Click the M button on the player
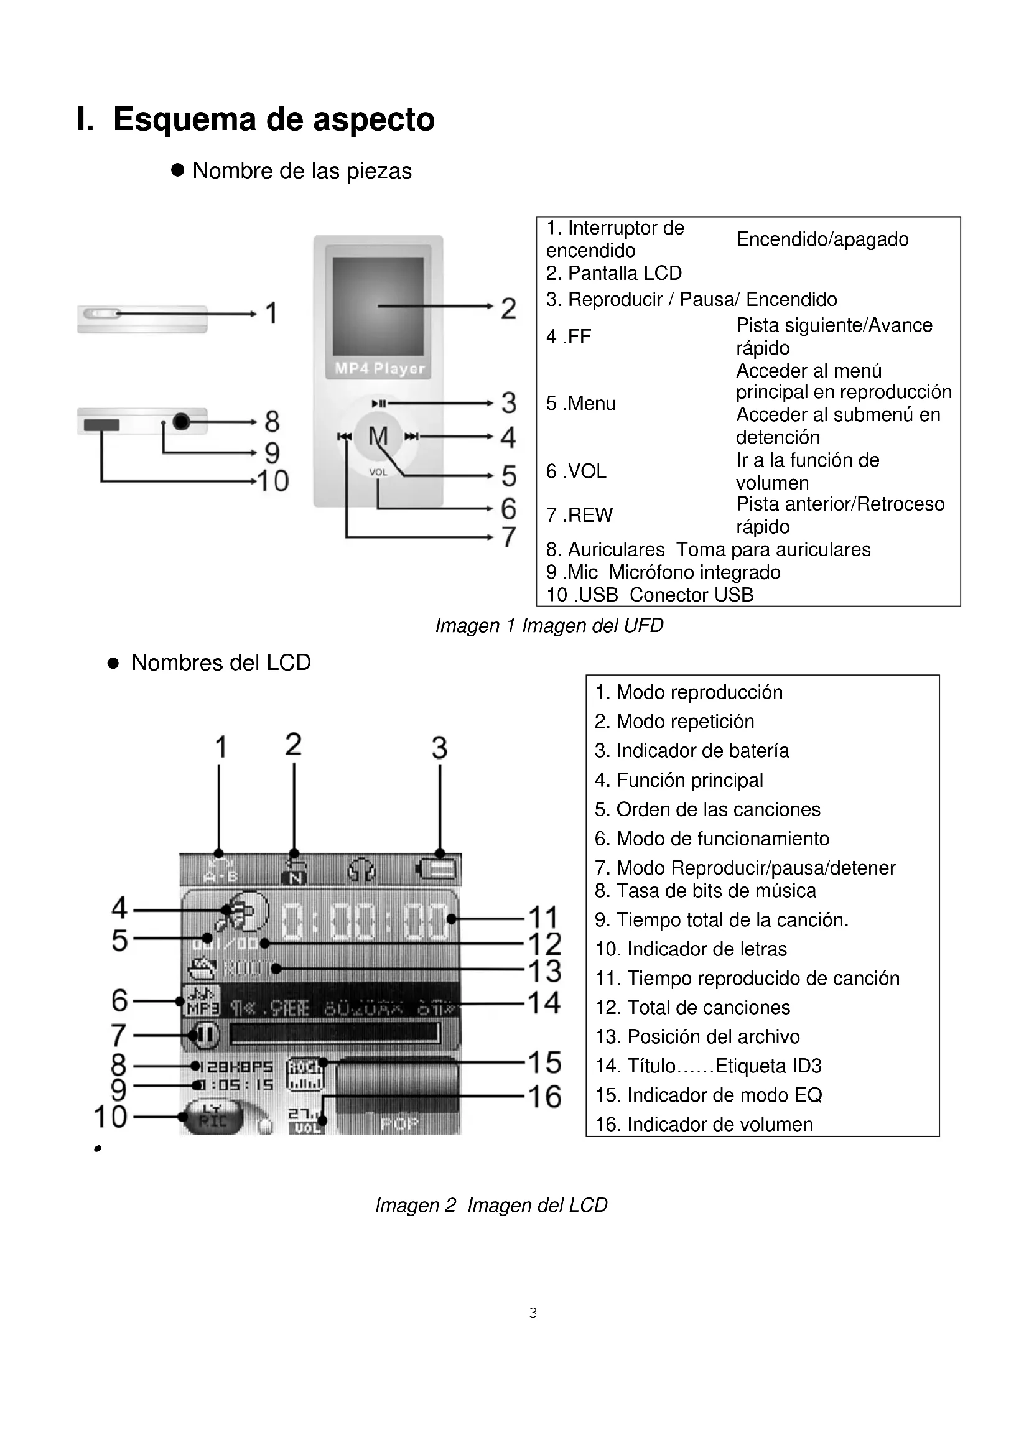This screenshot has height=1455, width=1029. (x=378, y=436)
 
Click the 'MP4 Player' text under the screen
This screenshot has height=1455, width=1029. (x=379, y=368)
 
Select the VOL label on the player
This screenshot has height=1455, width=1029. (x=378, y=472)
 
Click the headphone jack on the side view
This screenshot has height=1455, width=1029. (x=181, y=421)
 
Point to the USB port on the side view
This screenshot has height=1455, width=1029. (x=101, y=425)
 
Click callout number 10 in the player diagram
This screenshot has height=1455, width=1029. (x=273, y=481)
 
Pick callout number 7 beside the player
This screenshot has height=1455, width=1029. (x=509, y=537)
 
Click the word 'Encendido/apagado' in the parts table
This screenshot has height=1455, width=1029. (x=822, y=239)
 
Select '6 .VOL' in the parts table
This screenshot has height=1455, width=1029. (x=576, y=471)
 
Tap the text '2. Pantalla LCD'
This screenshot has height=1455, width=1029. (x=613, y=273)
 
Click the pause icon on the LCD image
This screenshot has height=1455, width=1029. (x=204, y=1036)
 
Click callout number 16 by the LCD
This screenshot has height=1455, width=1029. (x=545, y=1096)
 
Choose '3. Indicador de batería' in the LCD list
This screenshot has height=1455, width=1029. (x=691, y=751)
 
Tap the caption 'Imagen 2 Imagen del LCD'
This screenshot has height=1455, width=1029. (x=491, y=1205)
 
